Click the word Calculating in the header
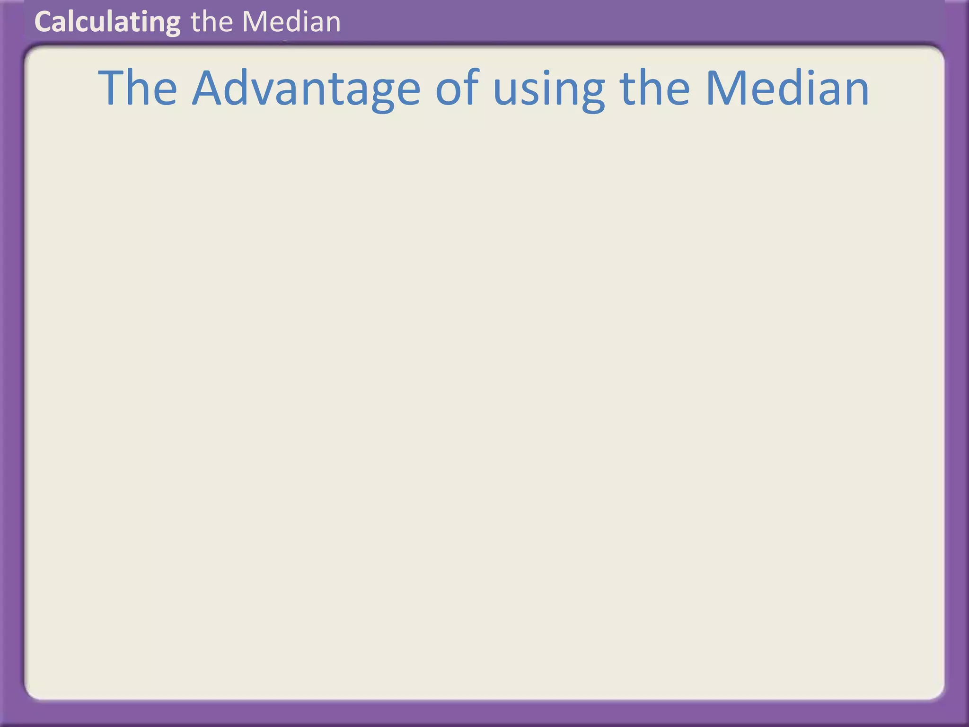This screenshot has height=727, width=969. coord(107,22)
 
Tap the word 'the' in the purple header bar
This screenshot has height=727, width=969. coord(212,22)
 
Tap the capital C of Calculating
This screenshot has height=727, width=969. coord(43,22)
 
